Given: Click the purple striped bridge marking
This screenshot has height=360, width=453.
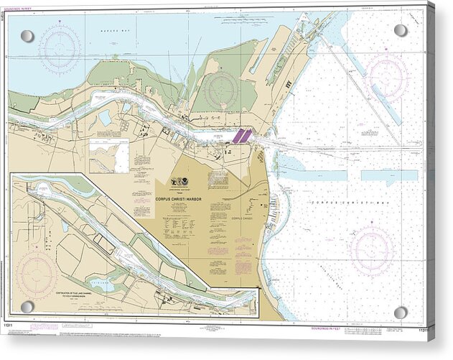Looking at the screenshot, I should click(241, 135).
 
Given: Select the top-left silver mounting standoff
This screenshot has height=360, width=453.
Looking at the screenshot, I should click(27, 36).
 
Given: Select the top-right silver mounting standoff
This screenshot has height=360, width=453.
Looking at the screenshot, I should click(401, 30).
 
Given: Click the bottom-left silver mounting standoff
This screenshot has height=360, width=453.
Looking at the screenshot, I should click(27, 307).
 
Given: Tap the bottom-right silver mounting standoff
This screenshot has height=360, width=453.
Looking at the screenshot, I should click(401, 313).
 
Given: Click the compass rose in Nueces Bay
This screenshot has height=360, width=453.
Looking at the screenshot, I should click(60, 49).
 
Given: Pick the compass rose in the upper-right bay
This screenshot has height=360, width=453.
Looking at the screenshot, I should click(386, 76).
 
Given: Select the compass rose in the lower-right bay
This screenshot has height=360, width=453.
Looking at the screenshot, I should click(371, 251).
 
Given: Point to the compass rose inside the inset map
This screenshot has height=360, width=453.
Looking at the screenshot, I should click(37, 274).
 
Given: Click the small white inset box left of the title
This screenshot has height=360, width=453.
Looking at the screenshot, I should click(109, 156).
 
